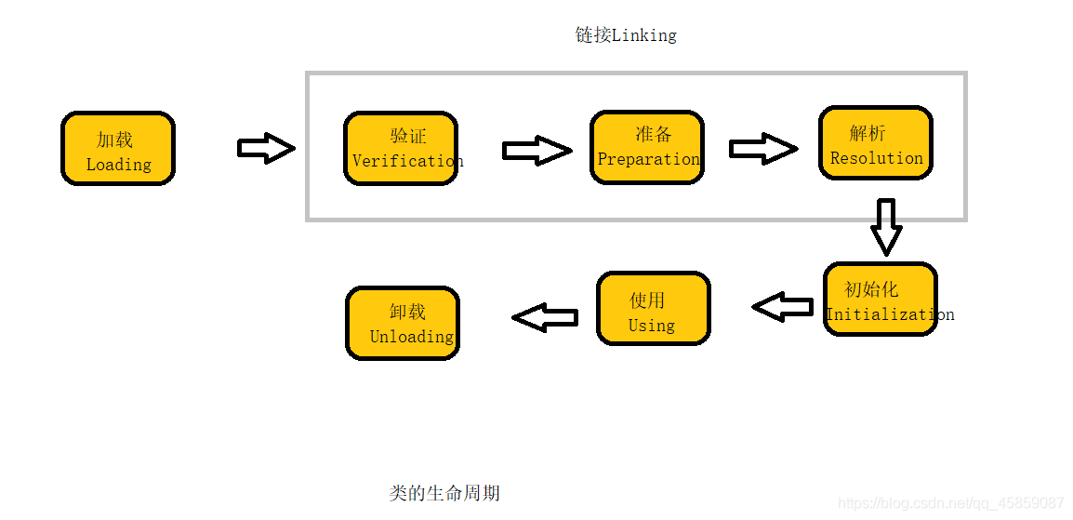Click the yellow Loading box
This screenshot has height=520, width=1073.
(x=118, y=149)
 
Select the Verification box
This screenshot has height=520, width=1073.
(x=401, y=149)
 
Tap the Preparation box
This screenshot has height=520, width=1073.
(x=647, y=147)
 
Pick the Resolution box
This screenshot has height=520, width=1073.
(x=875, y=142)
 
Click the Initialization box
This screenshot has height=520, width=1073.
(x=880, y=299)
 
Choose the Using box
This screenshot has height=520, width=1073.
(x=654, y=309)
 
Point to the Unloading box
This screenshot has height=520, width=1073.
(x=403, y=323)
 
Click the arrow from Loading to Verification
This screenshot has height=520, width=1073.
(x=266, y=148)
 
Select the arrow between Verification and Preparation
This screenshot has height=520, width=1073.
(x=536, y=151)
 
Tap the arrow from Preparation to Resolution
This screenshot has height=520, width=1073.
(x=762, y=149)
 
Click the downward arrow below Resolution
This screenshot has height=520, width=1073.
(x=886, y=226)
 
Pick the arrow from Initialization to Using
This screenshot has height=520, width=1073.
(x=783, y=306)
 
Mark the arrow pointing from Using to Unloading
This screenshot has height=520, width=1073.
(x=545, y=318)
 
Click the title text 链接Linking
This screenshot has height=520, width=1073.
(x=626, y=35)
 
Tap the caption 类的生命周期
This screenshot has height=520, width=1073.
(x=444, y=493)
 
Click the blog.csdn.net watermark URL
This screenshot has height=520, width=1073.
(x=950, y=503)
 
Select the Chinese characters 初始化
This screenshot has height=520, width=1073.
(x=871, y=289)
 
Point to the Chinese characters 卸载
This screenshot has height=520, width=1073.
(x=408, y=312)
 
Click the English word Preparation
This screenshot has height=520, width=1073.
(x=649, y=159)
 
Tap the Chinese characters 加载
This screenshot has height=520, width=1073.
(x=115, y=140)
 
